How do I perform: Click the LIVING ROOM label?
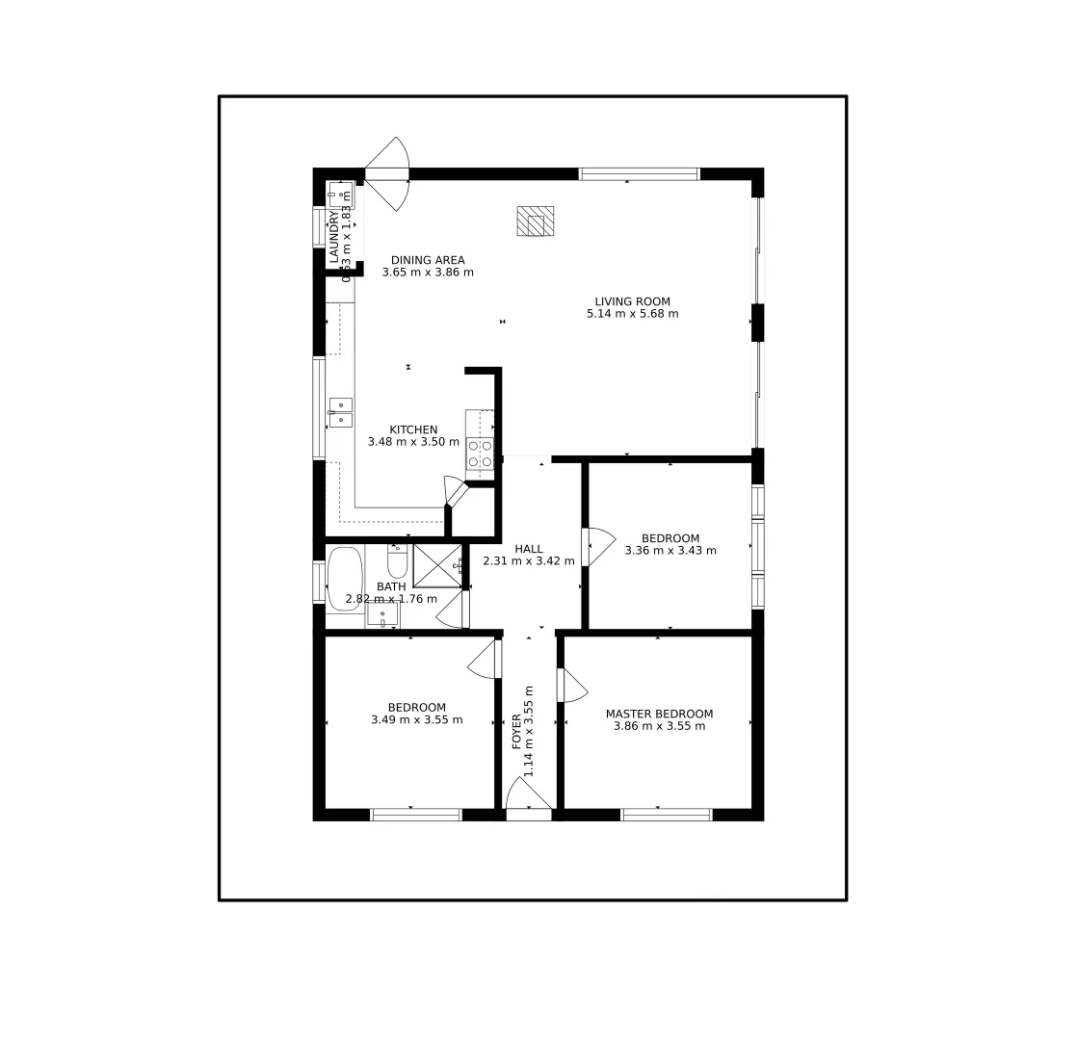coord(632,301)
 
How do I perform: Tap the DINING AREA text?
coord(428,260)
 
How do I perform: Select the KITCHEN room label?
coord(413,429)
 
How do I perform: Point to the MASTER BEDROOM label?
coord(659,714)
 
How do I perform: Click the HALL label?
coord(528,549)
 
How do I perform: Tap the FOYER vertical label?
coord(517,731)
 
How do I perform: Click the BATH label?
coord(391,586)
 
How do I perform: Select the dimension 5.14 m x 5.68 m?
coord(632,314)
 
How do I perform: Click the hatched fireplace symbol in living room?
coord(535,221)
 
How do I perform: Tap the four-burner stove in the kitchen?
coord(480,454)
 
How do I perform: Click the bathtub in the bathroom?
coord(345,579)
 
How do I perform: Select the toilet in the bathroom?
coord(398,559)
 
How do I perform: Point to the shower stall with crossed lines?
coord(437,565)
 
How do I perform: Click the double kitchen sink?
coord(340,412)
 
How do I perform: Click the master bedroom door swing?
coord(572,685)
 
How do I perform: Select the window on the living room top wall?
coord(639,174)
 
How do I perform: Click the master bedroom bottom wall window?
coord(666,815)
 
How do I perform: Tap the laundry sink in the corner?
coord(341,195)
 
